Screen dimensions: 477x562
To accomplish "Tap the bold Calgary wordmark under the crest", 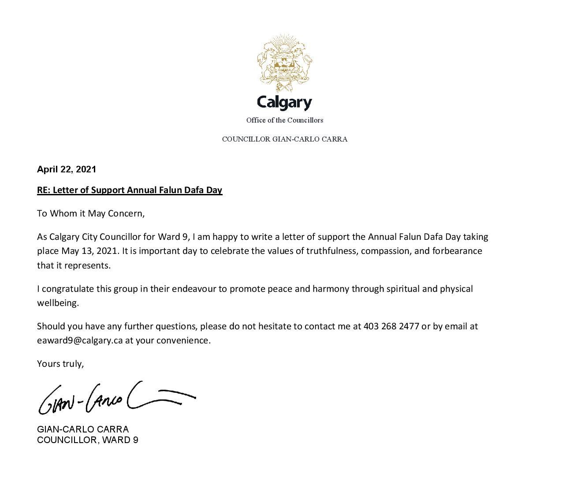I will click(284, 102).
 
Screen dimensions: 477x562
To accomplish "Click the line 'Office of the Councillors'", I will click(284, 120).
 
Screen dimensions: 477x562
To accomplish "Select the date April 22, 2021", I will click(67, 169).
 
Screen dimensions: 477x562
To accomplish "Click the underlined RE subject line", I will click(130, 190).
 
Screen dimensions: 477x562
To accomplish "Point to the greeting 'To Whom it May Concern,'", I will click(91, 214).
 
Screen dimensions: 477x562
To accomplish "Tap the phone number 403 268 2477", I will click(391, 327).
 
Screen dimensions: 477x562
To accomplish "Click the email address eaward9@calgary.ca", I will click(80, 341).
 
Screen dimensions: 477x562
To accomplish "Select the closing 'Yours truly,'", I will click(60, 364).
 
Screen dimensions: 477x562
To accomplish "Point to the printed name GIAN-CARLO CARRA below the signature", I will click(83, 429).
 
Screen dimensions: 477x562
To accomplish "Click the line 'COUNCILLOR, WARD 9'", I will click(88, 440).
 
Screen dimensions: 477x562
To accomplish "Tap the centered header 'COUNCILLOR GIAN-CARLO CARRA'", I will click(284, 139).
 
